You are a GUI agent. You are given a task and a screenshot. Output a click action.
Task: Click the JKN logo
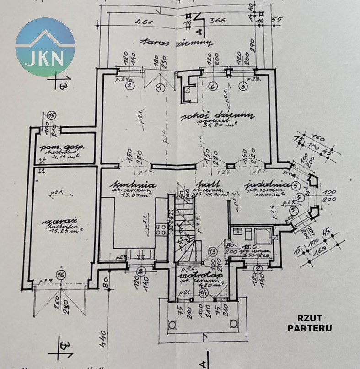tap(45, 47)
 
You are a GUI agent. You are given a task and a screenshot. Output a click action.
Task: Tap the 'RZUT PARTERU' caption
tap(310, 323)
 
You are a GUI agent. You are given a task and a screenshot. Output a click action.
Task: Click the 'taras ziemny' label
tap(176, 42)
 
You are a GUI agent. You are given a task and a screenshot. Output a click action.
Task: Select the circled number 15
tap(52, 116)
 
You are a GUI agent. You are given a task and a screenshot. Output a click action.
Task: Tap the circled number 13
tap(212, 251)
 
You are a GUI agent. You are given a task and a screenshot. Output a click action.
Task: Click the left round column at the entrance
tap(172, 325)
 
